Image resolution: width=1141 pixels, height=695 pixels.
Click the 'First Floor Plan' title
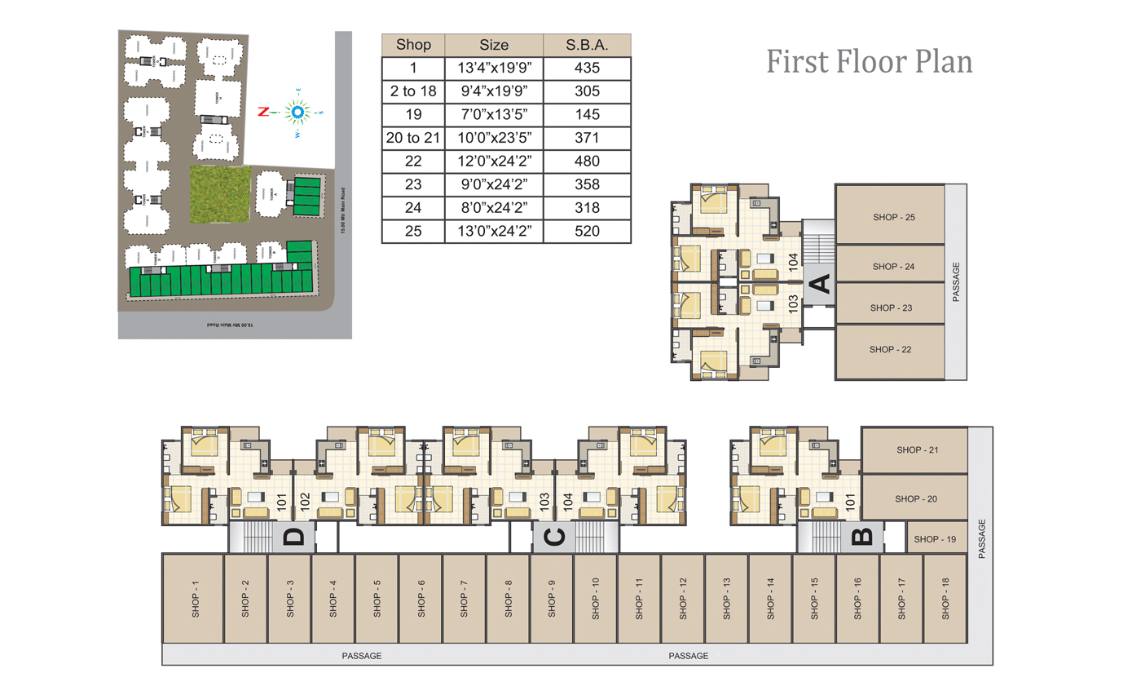(869, 62)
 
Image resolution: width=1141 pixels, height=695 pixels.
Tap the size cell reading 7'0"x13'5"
(494, 115)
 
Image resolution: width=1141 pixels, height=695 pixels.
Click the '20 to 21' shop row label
(412, 138)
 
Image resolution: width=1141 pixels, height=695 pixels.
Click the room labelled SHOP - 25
(892, 217)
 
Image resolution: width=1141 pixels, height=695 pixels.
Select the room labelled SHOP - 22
(892, 349)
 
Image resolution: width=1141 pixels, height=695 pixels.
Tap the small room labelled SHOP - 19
(936, 539)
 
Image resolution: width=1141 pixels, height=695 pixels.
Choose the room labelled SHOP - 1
(195, 599)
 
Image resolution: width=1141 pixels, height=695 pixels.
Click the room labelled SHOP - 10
(595, 599)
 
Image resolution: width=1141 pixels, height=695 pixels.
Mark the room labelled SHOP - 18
(945, 599)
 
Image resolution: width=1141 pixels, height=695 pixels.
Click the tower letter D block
(293, 537)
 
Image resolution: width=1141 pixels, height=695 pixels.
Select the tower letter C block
(553, 538)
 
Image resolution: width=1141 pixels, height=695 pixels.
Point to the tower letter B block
(861, 537)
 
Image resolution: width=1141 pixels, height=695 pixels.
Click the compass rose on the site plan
(297, 112)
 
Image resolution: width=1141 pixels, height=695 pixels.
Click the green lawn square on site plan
(218, 194)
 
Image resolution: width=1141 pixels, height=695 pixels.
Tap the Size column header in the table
(494, 45)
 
